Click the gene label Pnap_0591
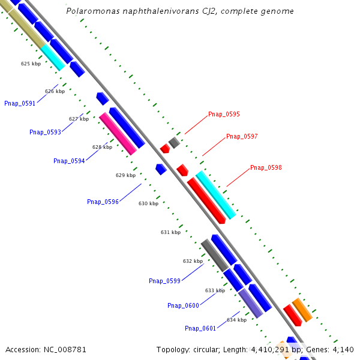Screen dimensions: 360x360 point(20,103)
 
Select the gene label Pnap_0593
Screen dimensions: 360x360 point(45,132)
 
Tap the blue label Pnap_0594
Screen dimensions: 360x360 point(69,161)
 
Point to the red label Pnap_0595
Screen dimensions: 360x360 point(224,114)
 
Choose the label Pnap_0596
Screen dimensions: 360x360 point(103,202)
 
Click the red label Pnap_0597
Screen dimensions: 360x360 point(242,137)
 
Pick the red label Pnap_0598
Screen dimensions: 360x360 point(266,167)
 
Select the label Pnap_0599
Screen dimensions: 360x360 point(164,281)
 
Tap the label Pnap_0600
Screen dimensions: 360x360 point(183,305)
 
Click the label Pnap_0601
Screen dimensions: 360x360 point(200,328)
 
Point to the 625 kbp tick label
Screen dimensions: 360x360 point(31,64)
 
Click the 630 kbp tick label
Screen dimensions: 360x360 point(148,203)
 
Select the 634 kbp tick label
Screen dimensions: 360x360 point(236,320)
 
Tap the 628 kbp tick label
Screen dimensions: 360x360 point(102,147)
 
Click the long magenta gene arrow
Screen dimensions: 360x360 point(118,133)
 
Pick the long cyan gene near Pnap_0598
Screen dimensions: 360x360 point(215,195)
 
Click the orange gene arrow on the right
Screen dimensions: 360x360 point(302,309)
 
